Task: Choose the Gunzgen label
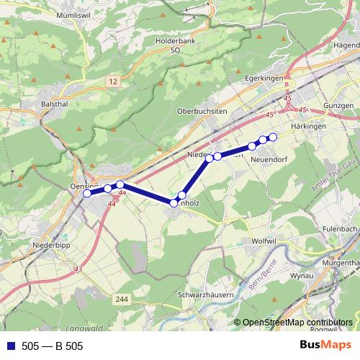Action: coord(340,105)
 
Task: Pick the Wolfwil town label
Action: coord(266,239)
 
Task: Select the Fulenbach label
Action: coord(341,230)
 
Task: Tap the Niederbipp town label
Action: coord(51,246)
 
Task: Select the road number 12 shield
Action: coord(114,83)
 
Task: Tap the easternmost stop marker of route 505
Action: coord(273,137)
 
